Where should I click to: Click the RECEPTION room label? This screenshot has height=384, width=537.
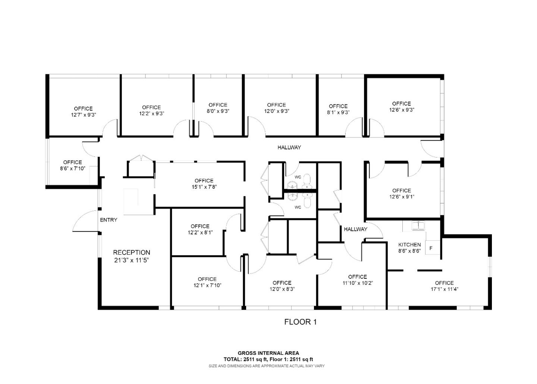131,253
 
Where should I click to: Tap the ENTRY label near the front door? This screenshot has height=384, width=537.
109,220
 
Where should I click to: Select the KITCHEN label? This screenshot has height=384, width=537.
409,245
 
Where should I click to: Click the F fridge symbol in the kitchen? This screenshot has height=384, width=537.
431,248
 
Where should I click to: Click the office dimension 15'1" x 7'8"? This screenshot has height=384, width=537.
204,187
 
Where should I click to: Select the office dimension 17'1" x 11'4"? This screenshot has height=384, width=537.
444,289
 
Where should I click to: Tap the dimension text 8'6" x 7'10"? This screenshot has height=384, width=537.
72,168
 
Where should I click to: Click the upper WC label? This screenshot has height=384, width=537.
298,177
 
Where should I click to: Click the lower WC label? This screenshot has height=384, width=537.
298,207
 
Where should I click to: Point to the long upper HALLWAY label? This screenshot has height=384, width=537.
289,147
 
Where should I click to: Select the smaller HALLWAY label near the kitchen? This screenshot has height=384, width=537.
355,229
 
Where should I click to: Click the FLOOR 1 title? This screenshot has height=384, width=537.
300,322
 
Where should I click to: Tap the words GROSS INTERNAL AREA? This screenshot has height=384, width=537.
268,353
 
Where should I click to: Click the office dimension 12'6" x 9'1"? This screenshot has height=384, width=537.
402,197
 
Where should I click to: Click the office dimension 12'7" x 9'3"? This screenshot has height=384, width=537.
83,115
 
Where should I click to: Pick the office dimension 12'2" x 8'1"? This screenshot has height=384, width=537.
200,232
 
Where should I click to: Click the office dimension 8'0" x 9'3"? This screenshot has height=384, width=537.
218,111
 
